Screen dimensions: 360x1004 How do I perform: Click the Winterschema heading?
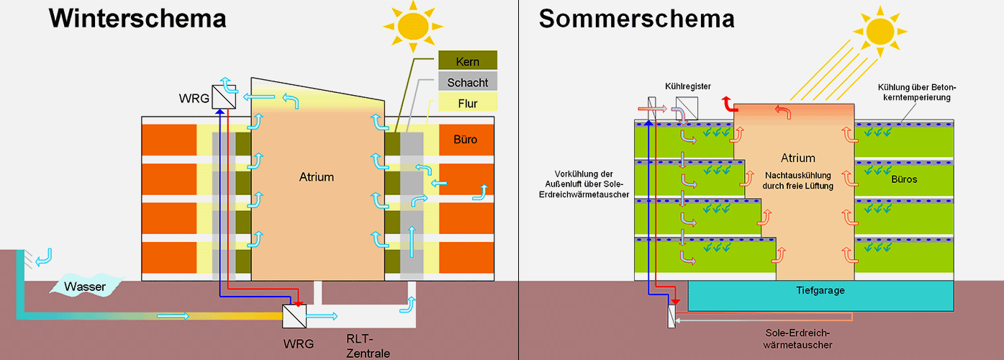[x=137, y=18]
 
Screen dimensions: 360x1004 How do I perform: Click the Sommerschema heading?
[x=636, y=18]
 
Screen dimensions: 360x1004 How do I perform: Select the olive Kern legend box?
[x=468, y=62]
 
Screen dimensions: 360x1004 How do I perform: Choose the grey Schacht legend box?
[x=468, y=83]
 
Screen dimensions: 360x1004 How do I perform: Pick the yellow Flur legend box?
[x=468, y=104]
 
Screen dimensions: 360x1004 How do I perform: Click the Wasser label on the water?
[x=85, y=288]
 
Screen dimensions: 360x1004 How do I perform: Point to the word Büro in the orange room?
[x=466, y=139]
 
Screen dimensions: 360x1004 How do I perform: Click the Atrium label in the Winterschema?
[x=317, y=176]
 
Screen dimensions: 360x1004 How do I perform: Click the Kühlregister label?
[x=688, y=86]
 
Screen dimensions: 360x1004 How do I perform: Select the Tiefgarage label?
[x=820, y=291]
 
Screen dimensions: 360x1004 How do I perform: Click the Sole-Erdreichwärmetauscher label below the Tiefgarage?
[x=800, y=339]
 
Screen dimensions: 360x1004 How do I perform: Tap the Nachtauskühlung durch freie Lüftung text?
[x=797, y=181]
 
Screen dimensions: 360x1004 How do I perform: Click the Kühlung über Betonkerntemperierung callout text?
[x=918, y=92]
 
